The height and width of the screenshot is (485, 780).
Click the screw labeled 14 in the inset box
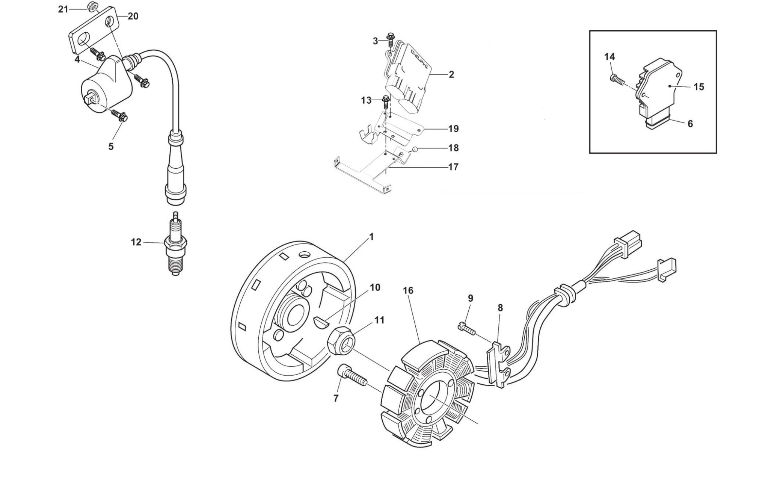(616, 79)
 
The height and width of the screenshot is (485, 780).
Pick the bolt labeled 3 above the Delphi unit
(391, 39)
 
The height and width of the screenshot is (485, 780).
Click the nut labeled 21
(91, 6)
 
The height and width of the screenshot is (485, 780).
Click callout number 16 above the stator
(408, 290)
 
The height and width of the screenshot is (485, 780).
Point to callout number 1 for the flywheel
(371, 237)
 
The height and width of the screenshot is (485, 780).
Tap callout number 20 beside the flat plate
(133, 16)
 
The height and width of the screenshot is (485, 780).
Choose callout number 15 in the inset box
(699, 87)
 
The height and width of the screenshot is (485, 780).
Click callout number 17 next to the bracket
(453, 167)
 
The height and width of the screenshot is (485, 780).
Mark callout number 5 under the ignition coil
(111, 147)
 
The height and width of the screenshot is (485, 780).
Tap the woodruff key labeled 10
(321, 322)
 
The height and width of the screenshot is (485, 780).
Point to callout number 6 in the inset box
(690, 124)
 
